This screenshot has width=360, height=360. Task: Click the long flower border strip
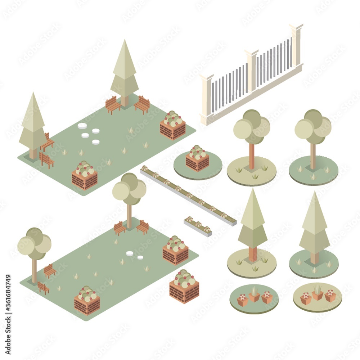pyautogui.click(x=188, y=194)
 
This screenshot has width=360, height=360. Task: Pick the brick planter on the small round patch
pyautogui.click(x=197, y=159)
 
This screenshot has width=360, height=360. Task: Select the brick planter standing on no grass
pyautogui.click(x=184, y=288)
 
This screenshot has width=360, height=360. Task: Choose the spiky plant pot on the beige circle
pyautogui.click(x=318, y=292)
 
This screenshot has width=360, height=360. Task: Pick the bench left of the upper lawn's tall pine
pyautogui.click(x=113, y=104)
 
